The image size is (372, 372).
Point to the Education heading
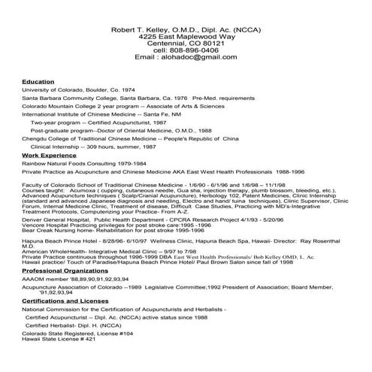(38, 80)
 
